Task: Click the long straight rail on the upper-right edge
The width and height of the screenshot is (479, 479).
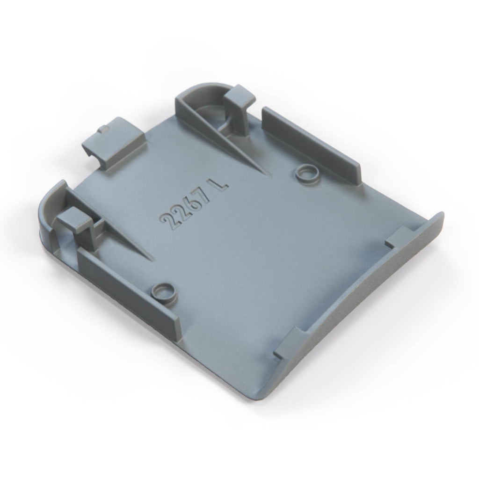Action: pyautogui.click(x=312, y=146)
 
